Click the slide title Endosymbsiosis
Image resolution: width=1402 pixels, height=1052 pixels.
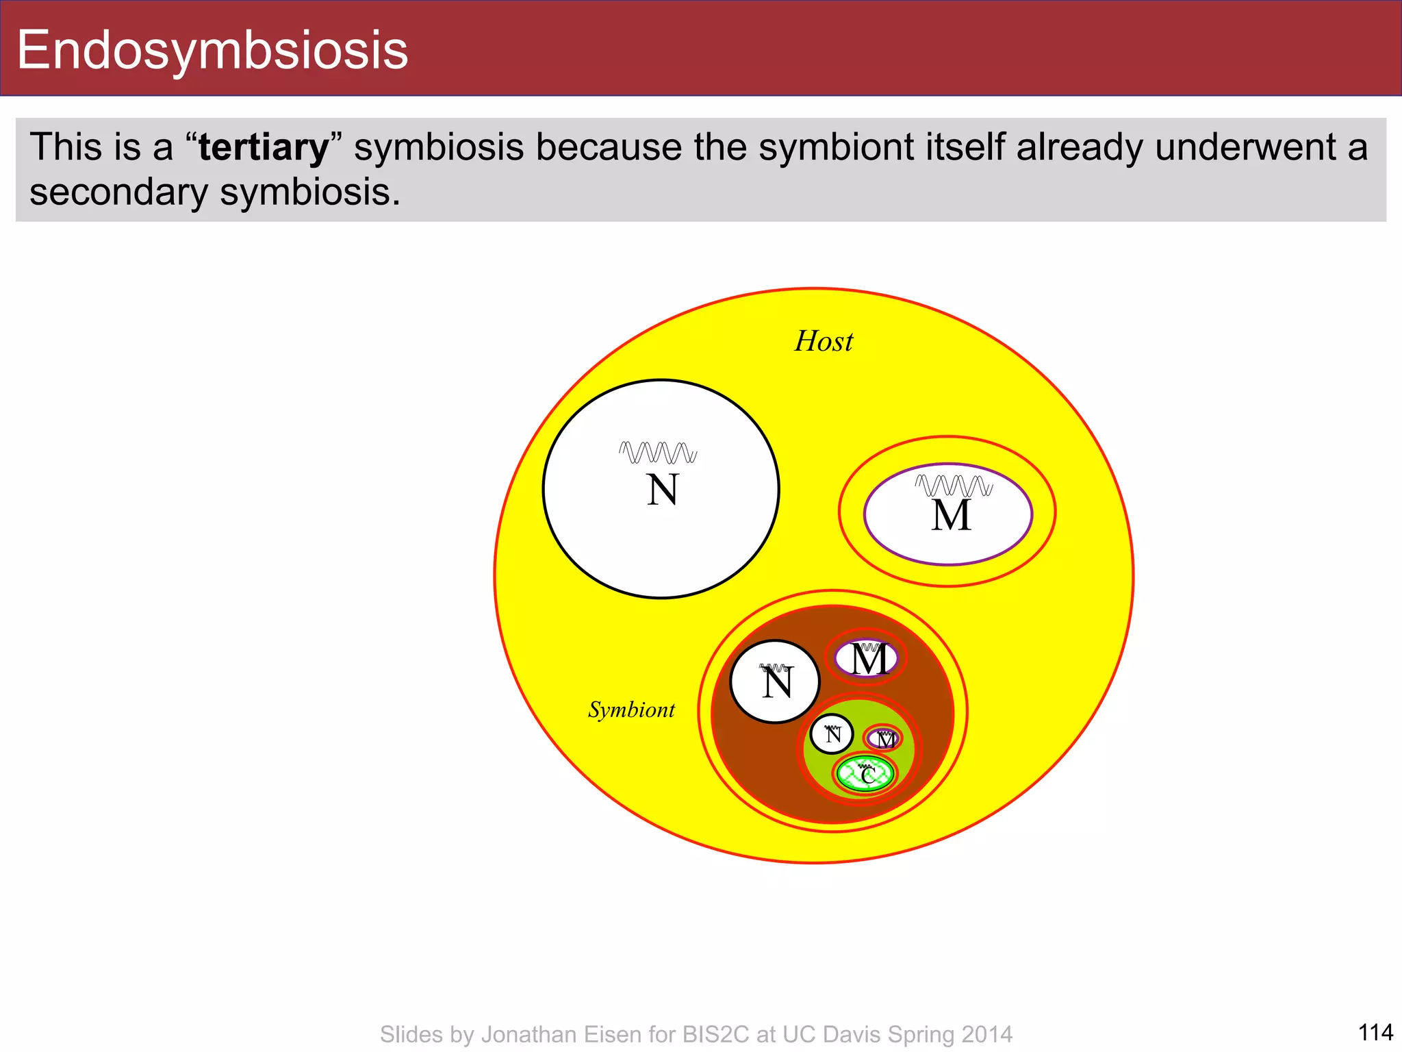pyautogui.click(x=212, y=50)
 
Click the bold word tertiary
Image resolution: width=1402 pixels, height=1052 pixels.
pyautogui.click(x=264, y=147)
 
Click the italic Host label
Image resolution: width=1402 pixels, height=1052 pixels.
pyautogui.click(x=824, y=341)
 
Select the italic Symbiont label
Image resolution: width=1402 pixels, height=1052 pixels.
pyautogui.click(x=631, y=710)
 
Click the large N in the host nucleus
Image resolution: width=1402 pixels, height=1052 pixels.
pyautogui.click(x=662, y=490)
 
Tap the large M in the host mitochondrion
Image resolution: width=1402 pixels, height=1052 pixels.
pyautogui.click(x=951, y=516)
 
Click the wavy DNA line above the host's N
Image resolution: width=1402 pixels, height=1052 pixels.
pyautogui.click(x=658, y=453)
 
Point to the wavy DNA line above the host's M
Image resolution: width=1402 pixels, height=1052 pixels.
pyautogui.click(x=954, y=486)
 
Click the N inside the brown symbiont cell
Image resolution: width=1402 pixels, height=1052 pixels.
pyautogui.click(x=777, y=684)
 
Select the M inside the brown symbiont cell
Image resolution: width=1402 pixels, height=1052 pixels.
pyautogui.click(x=869, y=660)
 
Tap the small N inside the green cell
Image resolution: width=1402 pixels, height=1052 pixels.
pyautogui.click(x=832, y=736)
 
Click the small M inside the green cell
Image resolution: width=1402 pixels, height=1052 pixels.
pyautogui.click(x=885, y=740)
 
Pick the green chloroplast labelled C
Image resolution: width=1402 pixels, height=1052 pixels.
pyautogui.click(x=866, y=775)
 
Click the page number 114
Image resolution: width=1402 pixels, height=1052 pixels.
pyautogui.click(x=1375, y=1032)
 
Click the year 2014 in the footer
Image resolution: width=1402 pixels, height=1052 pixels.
pyautogui.click(x=986, y=1034)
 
